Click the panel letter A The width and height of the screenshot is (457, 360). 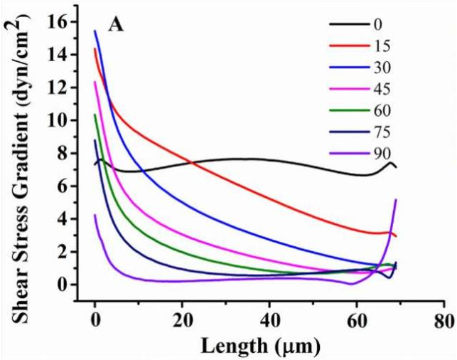click(x=117, y=26)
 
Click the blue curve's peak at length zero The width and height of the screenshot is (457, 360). click(x=95, y=31)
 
